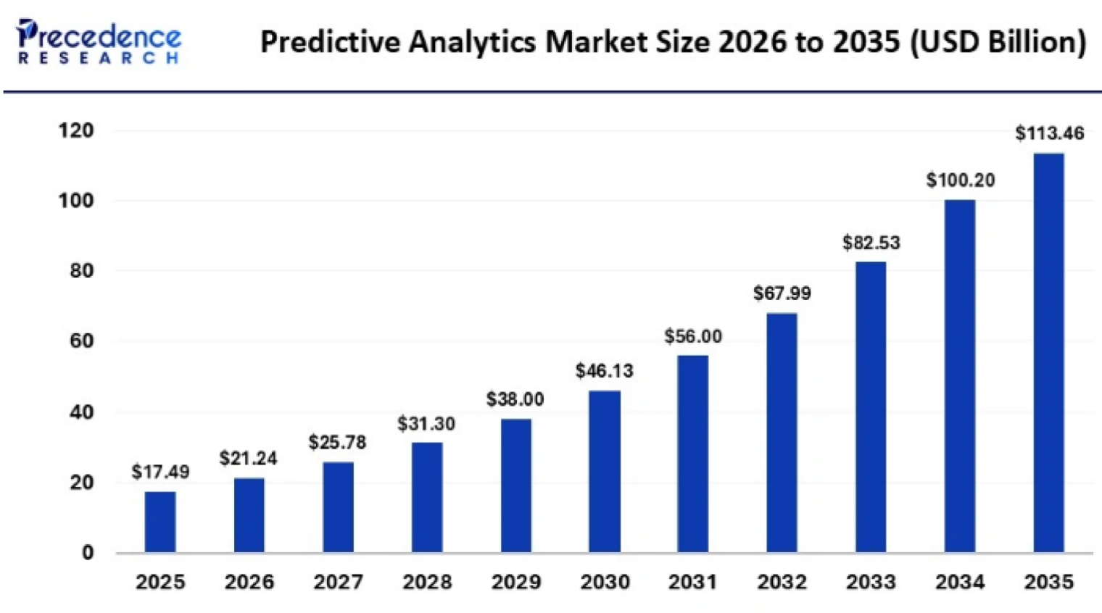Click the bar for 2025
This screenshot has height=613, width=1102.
click(x=160, y=522)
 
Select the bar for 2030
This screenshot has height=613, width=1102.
click(x=605, y=472)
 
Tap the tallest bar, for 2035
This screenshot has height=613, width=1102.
click(x=1049, y=353)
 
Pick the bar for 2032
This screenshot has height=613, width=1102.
click(x=782, y=433)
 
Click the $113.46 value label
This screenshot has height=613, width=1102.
click(x=1049, y=133)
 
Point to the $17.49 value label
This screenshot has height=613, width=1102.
click(x=160, y=472)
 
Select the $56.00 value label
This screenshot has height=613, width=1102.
click(x=693, y=336)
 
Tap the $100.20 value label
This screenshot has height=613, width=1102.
click(x=961, y=180)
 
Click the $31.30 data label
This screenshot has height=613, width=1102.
click(x=426, y=424)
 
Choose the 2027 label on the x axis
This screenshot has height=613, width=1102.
click(x=339, y=582)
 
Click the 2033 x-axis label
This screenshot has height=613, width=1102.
click(x=871, y=582)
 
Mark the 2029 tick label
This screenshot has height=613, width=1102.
click(x=516, y=582)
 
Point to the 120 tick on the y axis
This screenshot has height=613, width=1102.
click(x=76, y=130)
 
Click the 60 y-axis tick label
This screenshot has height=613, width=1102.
click(x=82, y=341)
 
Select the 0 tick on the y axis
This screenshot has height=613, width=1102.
click(x=88, y=553)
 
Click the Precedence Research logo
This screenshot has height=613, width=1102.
click(x=99, y=41)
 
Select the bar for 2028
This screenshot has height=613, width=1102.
click(x=427, y=498)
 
